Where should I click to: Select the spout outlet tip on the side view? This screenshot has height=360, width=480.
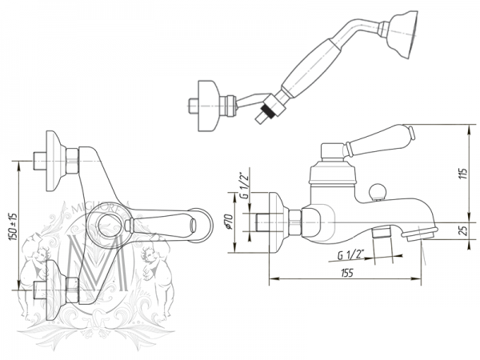[422, 232]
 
